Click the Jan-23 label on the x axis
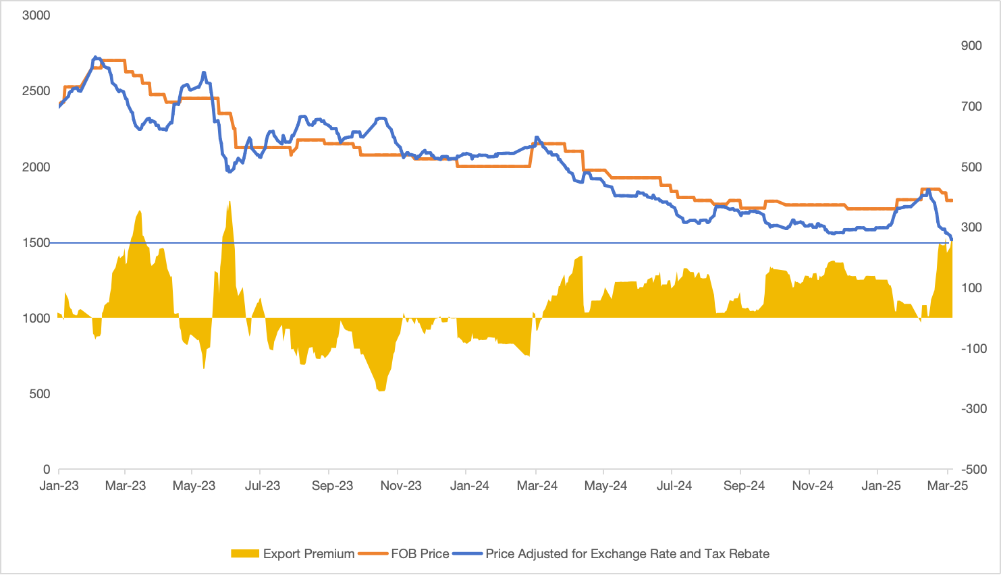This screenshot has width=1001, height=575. pyautogui.click(x=59, y=486)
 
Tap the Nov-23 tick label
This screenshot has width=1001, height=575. pyautogui.click(x=401, y=486)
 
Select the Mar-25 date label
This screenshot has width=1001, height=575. pyautogui.click(x=948, y=486)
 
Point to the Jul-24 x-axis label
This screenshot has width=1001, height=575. pyautogui.click(x=674, y=486)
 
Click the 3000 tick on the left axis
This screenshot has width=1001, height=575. pyautogui.click(x=36, y=15)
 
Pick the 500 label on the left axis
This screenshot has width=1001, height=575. pyautogui.click(x=40, y=393)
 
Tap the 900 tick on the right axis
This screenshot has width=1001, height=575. pyautogui.click(x=971, y=45)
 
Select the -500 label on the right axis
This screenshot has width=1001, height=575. pyautogui.click(x=973, y=469)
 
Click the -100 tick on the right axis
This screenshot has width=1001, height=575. pyautogui.click(x=973, y=348)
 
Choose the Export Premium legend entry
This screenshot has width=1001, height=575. pyautogui.click(x=308, y=554)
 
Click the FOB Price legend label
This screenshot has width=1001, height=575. pyautogui.click(x=420, y=554)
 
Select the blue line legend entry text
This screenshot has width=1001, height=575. pyautogui.click(x=627, y=554)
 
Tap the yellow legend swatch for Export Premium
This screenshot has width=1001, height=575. pyautogui.click(x=245, y=554)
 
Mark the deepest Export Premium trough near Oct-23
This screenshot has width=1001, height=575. pyautogui.click(x=381, y=390)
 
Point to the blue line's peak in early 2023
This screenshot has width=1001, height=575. pyautogui.click(x=95, y=57)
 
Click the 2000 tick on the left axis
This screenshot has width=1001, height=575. pyautogui.click(x=36, y=167)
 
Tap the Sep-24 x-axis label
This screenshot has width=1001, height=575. pyautogui.click(x=744, y=486)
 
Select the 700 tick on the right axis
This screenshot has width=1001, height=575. pyautogui.click(x=971, y=106)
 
